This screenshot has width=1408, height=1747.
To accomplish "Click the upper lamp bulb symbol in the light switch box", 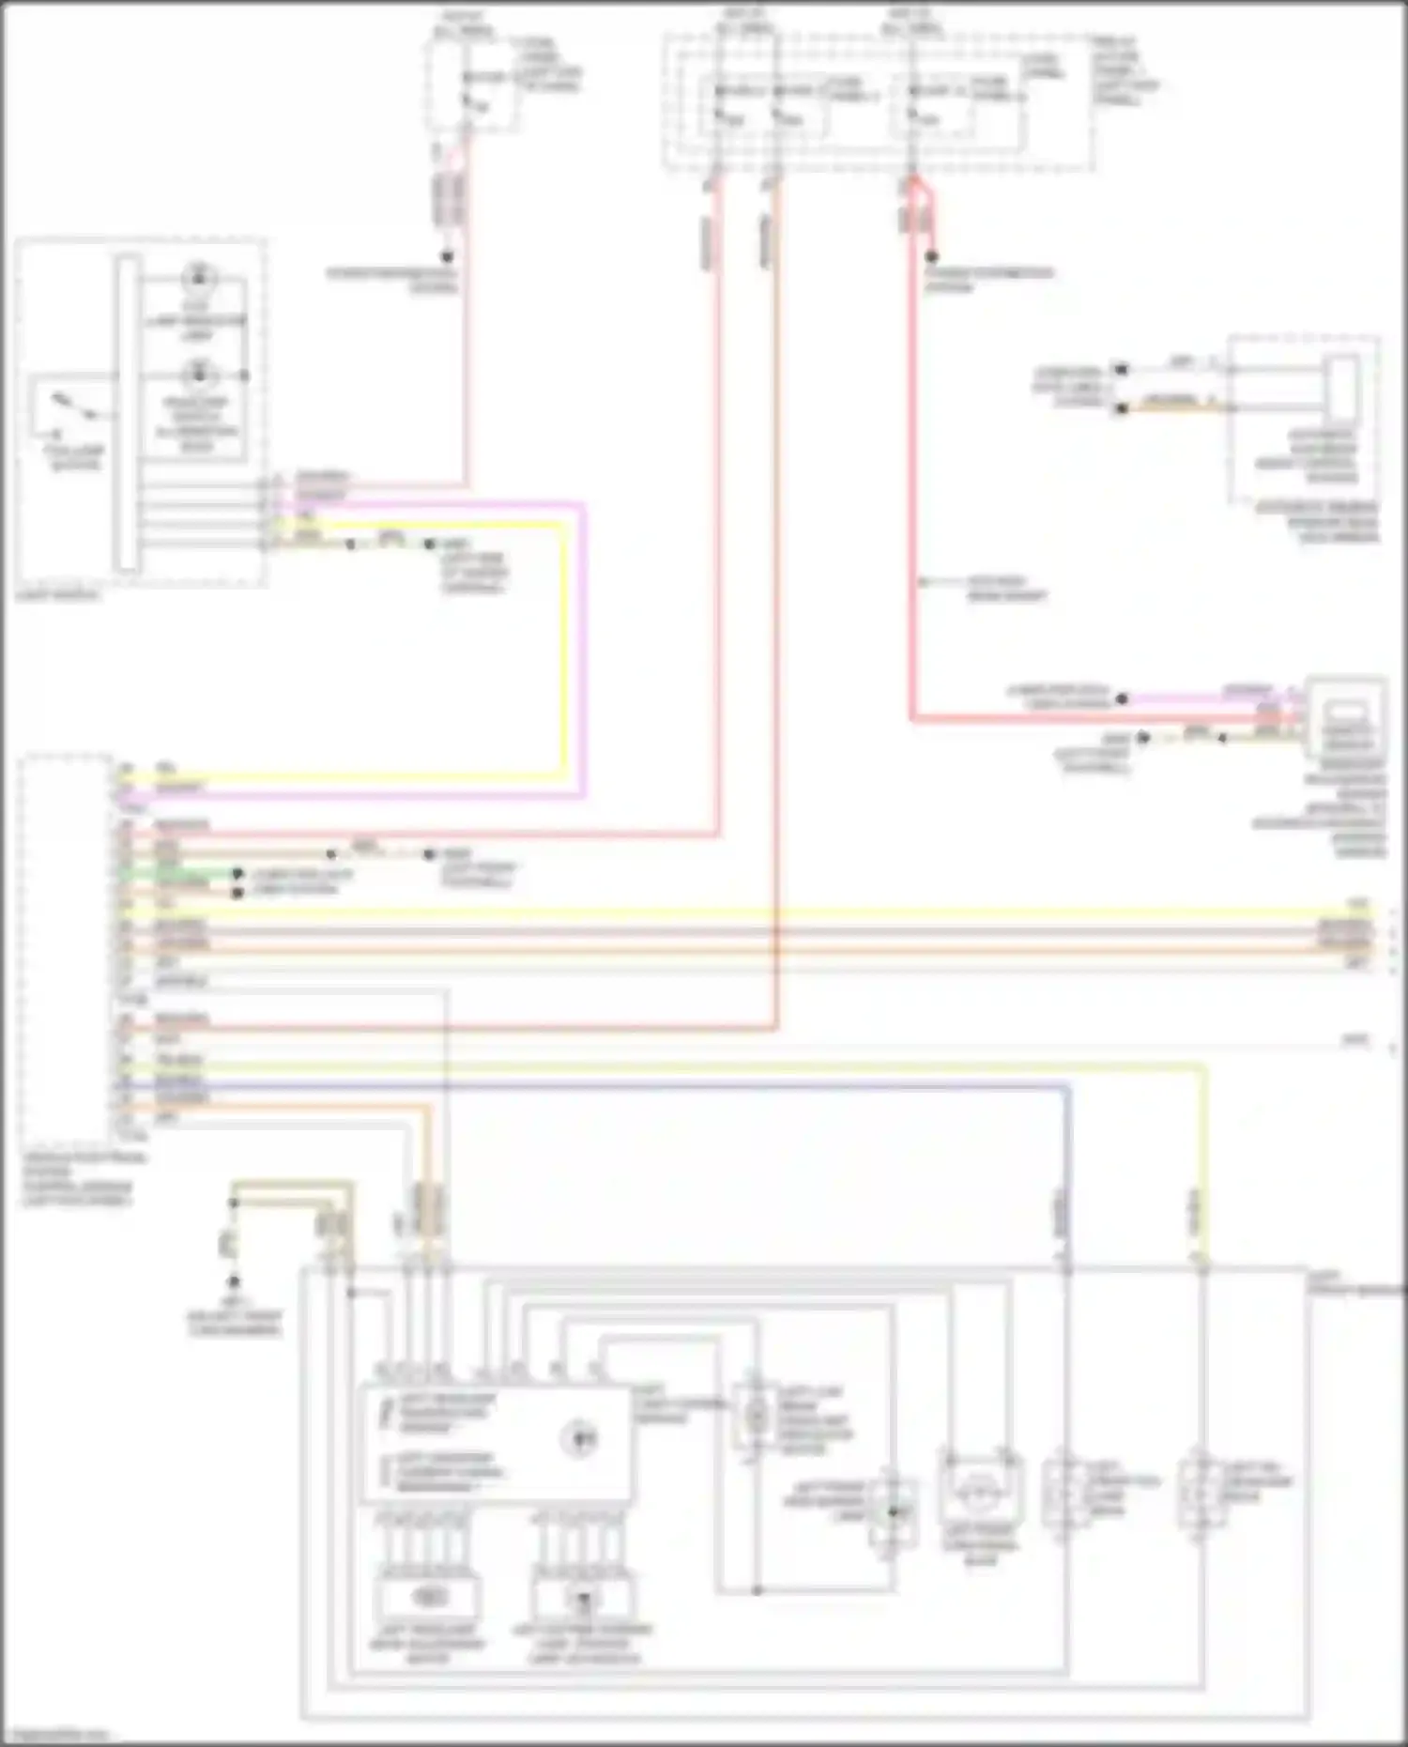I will click(198, 278).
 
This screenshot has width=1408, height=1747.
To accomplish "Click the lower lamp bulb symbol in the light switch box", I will click(198, 375).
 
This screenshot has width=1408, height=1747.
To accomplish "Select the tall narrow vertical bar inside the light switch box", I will click(128, 413).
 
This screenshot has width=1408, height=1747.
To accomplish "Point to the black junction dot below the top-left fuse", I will click(448, 256).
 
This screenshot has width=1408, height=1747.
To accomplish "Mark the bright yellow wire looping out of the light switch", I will click(565, 657).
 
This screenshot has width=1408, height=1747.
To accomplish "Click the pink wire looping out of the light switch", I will click(584, 657).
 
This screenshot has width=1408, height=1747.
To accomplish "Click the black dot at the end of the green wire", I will click(237, 874).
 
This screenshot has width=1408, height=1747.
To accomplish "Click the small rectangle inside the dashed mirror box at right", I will click(1343, 387).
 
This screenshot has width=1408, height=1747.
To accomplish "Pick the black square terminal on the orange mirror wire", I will click(1120, 408).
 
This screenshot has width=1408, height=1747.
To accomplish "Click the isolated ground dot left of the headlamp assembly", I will click(234, 1281).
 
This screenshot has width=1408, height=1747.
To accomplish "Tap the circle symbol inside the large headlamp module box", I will click(578, 1439).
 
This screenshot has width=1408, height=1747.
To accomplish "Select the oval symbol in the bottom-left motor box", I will click(428, 1595).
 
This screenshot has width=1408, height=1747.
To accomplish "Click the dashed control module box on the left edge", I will click(66, 948).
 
